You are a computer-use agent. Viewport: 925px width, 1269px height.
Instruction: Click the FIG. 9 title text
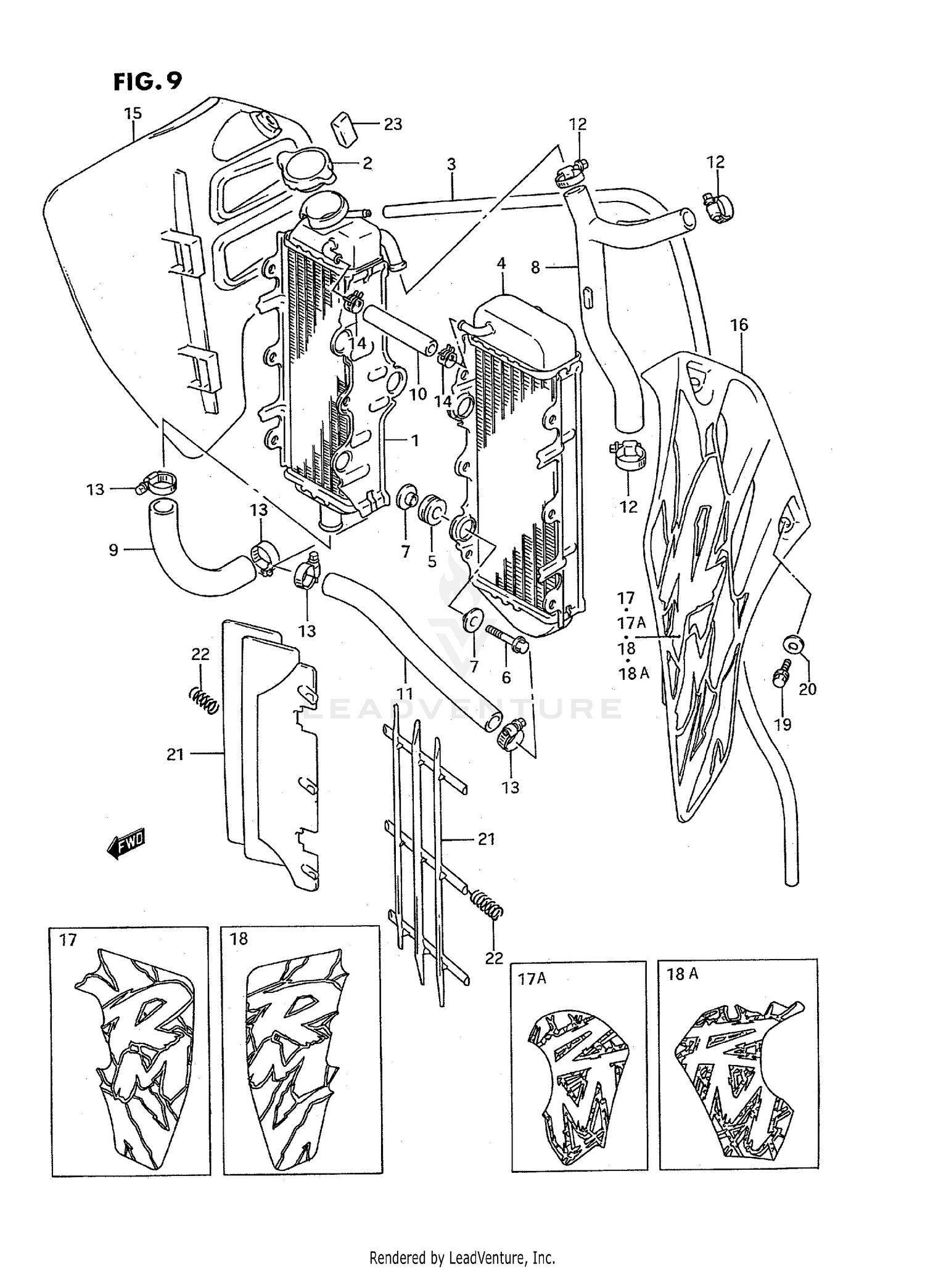148,81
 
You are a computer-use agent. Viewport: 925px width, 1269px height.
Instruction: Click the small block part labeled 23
345,129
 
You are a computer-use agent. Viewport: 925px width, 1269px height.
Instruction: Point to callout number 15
133,113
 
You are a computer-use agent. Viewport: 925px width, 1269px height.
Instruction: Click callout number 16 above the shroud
739,325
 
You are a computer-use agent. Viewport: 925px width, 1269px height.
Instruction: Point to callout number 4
501,264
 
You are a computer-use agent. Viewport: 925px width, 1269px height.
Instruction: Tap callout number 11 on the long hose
405,694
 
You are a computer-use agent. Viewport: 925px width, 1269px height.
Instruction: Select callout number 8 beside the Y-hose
535,267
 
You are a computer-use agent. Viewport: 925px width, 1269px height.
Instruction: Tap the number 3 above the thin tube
451,165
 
